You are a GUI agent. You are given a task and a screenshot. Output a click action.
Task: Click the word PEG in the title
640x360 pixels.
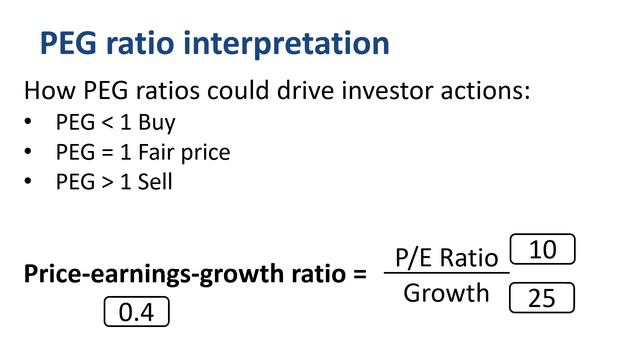[x=71, y=44]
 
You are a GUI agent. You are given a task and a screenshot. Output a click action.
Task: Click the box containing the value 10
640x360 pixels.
[x=542, y=250]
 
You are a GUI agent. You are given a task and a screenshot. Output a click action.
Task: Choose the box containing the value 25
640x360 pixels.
[x=541, y=297]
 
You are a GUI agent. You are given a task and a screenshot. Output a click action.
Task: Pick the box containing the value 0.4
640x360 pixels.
[x=136, y=313]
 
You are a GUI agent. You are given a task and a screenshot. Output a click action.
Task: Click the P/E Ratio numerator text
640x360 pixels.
[x=445, y=258]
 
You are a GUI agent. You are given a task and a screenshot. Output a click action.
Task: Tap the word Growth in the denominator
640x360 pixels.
[x=446, y=294]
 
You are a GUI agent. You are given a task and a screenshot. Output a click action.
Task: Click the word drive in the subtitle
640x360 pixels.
[x=279, y=91]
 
